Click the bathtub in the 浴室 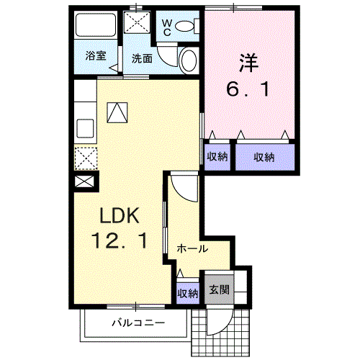[x=96, y=24]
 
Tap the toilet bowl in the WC [x=184, y=26]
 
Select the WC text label [x=167, y=27]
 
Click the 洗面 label [x=142, y=58]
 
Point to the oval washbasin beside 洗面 [x=189, y=60]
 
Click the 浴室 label [x=96, y=55]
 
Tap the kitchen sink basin [x=85, y=128]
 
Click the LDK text [x=120, y=216]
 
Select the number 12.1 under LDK [x=120, y=240]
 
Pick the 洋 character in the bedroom [x=248, y=63]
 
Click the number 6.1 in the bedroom [x=248, y=89]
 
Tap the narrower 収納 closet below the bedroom [x=217, y=157]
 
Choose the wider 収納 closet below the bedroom [x=265, y=157]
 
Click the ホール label [x=192, y=248]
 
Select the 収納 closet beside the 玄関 [x=188, y=293]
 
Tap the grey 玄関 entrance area [x=219, y=289]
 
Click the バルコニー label [x=138, y=323]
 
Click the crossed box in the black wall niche [x=84, y=181]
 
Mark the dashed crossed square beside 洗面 [x=137, y=22]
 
